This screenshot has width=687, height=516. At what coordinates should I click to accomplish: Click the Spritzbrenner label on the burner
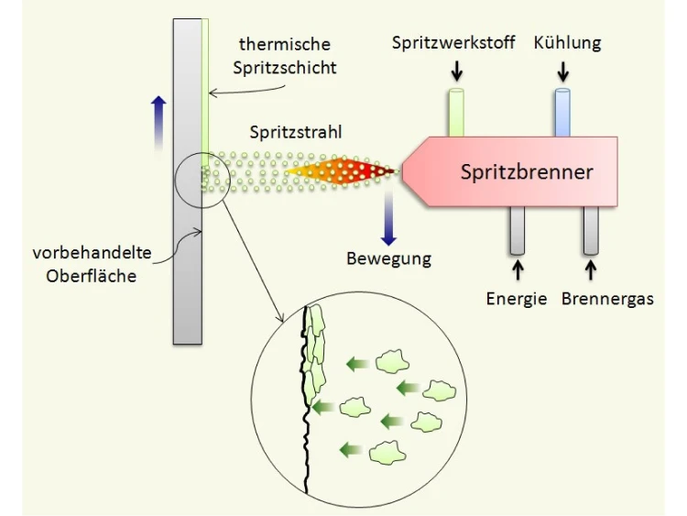pyautogui.click(x=527, y=171)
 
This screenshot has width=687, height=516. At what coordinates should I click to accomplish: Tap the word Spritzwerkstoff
pyautogui.click(x=453, y=43)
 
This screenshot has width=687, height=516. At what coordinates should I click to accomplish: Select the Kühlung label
pyautogui.click(x=567, y=43)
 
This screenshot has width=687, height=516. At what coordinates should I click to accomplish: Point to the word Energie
pyautogui.click(x=517, y=299)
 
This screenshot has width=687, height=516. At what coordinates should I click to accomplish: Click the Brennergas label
pyautogui.click(x=607, y=299)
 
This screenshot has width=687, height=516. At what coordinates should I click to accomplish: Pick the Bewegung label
pyautogui.click(x=389, y=258)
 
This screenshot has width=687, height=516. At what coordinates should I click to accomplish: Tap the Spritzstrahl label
pyautogui.click(x=296, y=132)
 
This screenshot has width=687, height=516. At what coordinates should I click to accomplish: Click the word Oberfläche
pyautogui.click(x=91, y=276)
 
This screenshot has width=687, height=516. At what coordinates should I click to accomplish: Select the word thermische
pyautogui.click(x=285, y=44)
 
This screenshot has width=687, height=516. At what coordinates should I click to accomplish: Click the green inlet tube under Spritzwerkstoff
pyautogui.click(x=456, y=113)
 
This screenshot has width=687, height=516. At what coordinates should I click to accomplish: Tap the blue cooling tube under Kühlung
pyautogui.click(x=562, y=113)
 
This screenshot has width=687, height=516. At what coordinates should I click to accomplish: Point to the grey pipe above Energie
pyautogui.click(x=518, y=230)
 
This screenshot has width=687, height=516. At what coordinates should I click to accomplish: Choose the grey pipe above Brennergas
pyautogui.click(x=591, y=230)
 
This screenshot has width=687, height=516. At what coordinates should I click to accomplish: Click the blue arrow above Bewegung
pyautogui.click(x=388, y=218)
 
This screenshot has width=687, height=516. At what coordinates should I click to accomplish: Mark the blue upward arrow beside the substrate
pyautogui.click(x=158, y=124)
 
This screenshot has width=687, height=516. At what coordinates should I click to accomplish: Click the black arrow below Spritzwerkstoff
pyautogui.click(x=457, y=71)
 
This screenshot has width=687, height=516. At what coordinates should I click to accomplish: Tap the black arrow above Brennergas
pyautogui.click(x=591, y=270)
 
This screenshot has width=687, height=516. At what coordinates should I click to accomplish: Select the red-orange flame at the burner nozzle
pyautogui.click(x=341, y=170)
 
